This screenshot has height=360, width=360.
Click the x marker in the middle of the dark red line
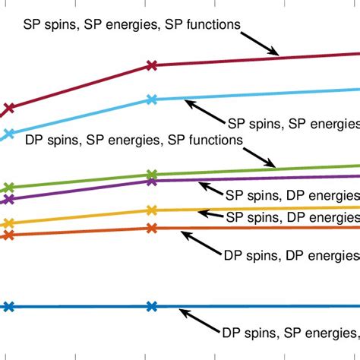(151, 66)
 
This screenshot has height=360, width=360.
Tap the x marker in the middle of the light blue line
(151, 99)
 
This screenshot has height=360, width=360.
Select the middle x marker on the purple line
(151, 181)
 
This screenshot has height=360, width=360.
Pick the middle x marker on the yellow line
(151, 210)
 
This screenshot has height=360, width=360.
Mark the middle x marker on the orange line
(151, 228)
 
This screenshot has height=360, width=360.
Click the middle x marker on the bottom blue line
(151, 306)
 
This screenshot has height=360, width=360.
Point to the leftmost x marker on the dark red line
(8, 108)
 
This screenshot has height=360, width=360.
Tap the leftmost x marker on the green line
(8, 187)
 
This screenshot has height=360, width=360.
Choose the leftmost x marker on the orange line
(8, 235)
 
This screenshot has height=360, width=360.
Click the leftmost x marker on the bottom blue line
(8, 307)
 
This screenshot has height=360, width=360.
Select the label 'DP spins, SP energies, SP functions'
(134, 140)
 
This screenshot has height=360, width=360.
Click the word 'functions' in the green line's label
(216, 140)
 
